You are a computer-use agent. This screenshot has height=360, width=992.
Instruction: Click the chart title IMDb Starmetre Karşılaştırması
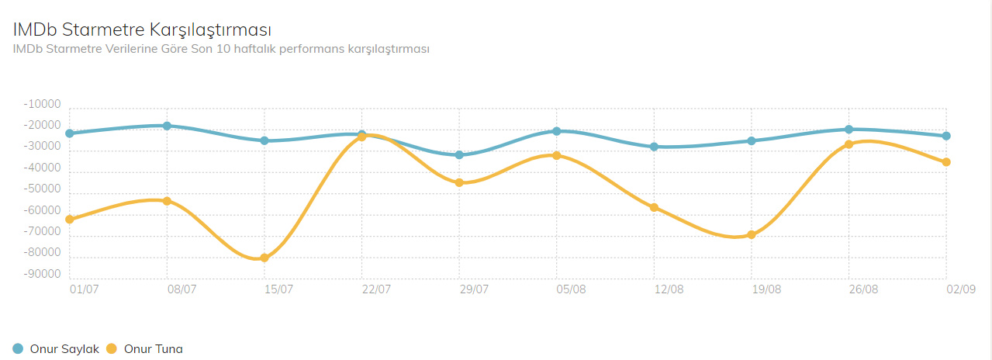tap(142, 29)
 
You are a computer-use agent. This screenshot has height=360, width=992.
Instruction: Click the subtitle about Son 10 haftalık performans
tap(221, 49)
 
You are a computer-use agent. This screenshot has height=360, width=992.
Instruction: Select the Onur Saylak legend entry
tap(57, 349)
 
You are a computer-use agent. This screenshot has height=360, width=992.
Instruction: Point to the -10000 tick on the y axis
tap(42, 104)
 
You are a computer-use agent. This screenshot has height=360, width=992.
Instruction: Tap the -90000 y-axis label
tap(42, 274)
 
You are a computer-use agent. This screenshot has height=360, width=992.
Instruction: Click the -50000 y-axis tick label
tap(42, 189)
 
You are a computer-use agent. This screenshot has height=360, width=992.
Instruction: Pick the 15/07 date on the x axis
tap(279, 289)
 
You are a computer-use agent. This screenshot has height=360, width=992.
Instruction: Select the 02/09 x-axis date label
tap(960, 289)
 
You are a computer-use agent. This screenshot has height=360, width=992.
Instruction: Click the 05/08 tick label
tap(571, 289)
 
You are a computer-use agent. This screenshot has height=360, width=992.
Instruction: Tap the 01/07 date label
tap(84, 289)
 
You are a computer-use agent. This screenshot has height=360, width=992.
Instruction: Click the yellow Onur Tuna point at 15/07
tap(264, 258)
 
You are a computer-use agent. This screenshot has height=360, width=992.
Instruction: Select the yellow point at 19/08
tap(752, 234)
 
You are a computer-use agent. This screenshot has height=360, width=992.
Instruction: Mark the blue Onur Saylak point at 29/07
tap(459, 155)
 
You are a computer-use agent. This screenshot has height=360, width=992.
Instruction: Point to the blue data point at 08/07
tap(167, 126)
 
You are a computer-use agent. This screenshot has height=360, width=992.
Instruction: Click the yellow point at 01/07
tap(70, 220)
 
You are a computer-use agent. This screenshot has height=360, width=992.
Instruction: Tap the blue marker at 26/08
tap(849, 130)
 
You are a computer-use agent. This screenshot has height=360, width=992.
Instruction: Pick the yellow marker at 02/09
tap(946, 162)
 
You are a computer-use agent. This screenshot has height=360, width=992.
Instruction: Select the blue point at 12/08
tap(654, 147)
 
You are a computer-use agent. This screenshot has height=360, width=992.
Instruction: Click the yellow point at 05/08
tap(557, 155)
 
